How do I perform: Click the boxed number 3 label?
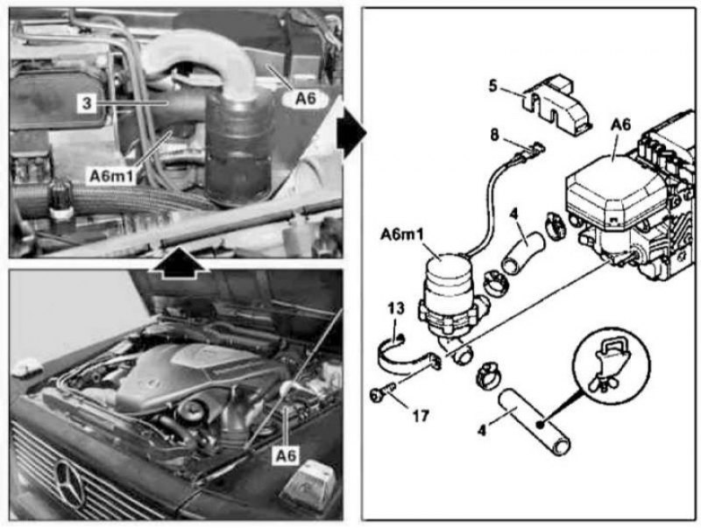[86, 103]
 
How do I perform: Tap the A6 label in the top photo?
[306, 99]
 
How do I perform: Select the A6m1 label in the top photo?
[112, 176]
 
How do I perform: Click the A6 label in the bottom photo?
[287, 455]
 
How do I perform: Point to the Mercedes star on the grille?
[70, 483]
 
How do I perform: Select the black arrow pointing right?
[352, 133]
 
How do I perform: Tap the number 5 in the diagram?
[492, 86]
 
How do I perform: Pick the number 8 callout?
[494, 135]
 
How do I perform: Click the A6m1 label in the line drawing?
[401, 234]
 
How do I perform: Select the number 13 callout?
[396, 309]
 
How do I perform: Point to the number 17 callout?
[421, 416]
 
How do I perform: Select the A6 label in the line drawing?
[620, 125]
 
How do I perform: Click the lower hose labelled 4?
[535, 422]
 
